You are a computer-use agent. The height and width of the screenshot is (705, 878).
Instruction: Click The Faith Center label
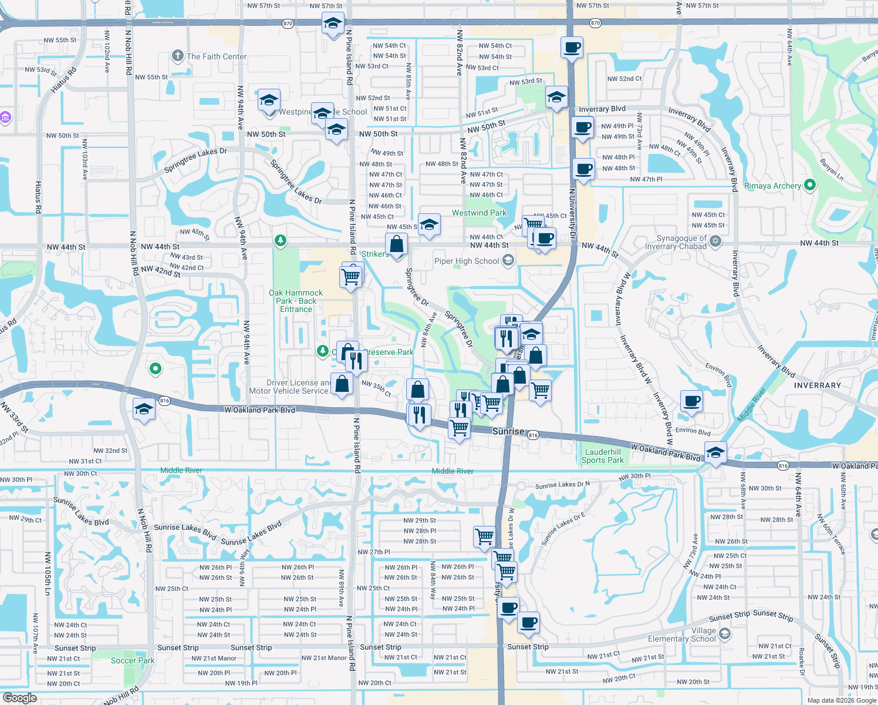217,56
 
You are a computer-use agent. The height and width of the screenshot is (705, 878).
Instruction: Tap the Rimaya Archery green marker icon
810,185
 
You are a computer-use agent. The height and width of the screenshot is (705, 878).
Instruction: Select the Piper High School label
467,261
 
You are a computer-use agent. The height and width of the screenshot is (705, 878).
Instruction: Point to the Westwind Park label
479,213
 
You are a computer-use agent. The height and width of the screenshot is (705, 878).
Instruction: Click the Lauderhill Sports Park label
603,456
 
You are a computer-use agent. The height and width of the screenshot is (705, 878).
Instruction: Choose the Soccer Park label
133,660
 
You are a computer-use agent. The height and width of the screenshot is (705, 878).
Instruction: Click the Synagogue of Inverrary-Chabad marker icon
715,241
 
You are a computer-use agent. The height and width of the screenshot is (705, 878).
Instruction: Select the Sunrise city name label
508,431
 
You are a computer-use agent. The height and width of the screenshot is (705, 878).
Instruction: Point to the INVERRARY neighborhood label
818,385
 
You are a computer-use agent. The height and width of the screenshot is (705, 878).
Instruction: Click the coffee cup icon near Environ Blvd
692,401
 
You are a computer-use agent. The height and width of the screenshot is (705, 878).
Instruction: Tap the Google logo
20,697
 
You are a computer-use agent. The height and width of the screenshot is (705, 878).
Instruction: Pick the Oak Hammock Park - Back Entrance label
296,301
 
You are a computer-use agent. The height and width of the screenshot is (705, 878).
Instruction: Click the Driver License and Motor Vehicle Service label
289,387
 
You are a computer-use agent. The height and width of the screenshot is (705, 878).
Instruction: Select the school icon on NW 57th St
333,23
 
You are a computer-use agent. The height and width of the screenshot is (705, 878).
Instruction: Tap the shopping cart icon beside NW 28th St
484,536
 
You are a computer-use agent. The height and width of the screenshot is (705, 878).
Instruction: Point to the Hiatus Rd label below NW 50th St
38,197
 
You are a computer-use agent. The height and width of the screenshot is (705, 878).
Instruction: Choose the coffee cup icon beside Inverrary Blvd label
583,127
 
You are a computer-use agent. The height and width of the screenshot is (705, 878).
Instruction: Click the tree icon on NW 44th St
281,240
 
